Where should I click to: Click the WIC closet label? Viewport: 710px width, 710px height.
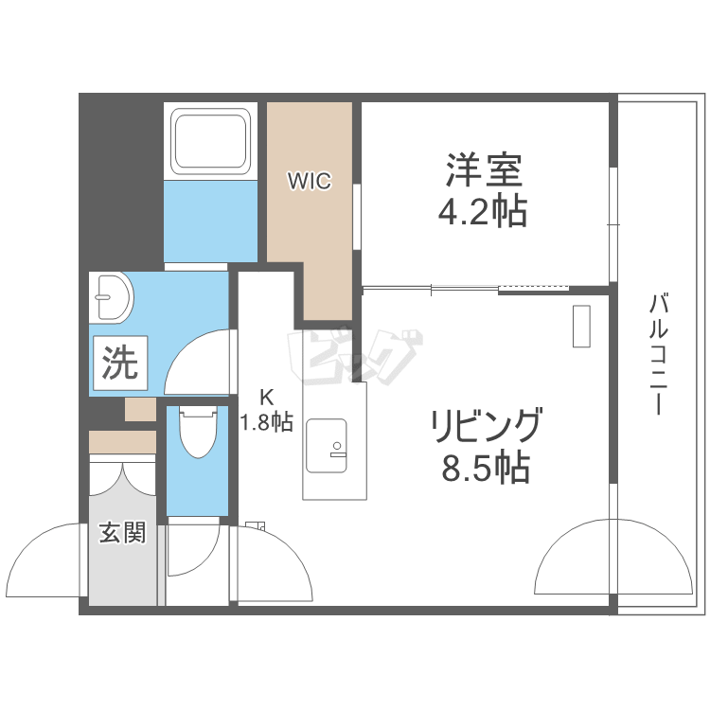click(310, 181)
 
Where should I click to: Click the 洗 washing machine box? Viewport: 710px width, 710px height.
click(119, 363)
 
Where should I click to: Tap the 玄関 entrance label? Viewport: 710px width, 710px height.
click(123, 533)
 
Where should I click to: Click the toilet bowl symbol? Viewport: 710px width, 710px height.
click(198, 432)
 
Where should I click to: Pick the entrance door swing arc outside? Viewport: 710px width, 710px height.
click(43, 563)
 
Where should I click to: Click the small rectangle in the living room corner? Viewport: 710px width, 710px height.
click(581, 328)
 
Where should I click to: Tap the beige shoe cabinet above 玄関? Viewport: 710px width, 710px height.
click(122, 442)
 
